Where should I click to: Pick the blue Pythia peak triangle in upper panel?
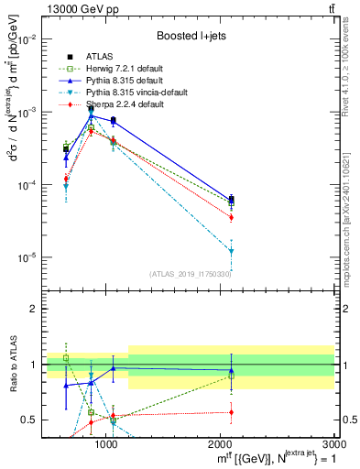[91, 115]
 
